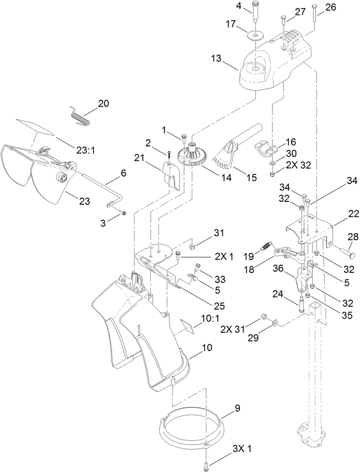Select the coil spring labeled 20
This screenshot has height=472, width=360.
(80, 115)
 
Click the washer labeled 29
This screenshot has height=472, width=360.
(275, 324)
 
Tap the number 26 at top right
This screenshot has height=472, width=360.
(330, 7)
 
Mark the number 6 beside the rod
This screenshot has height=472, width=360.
(123, 173)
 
